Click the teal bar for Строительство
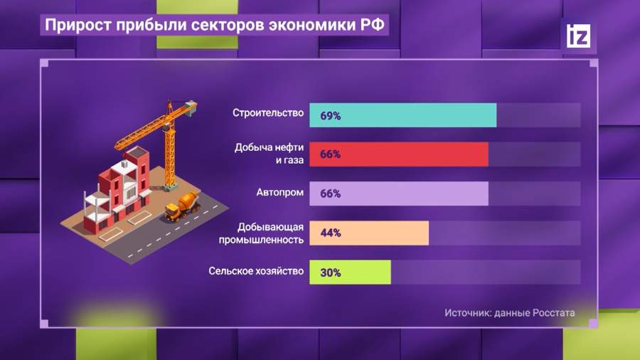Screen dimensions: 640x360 coord(403,115)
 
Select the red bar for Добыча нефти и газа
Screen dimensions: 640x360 coord(399,154)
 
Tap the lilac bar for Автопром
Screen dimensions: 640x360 coord(399,194)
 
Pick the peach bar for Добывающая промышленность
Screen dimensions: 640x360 coord(369,233)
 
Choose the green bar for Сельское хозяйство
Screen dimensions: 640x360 coord(350,272)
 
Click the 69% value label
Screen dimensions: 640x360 coord(330,116)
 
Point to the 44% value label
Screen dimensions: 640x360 coord(331,233)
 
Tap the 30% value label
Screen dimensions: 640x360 coord(331,272)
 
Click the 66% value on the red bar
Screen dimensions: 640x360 coord(330,154)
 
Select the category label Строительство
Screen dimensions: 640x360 coord(268,112)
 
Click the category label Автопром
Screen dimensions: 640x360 coord(280,192)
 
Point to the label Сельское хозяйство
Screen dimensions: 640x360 coord(256,271)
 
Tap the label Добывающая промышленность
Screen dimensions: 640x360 coord(261,233)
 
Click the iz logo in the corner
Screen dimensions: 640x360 coord(578,36)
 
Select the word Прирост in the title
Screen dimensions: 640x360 coord(78,25)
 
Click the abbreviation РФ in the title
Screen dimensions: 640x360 coord(372,24)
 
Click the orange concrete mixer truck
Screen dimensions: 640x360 coord(183,206)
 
